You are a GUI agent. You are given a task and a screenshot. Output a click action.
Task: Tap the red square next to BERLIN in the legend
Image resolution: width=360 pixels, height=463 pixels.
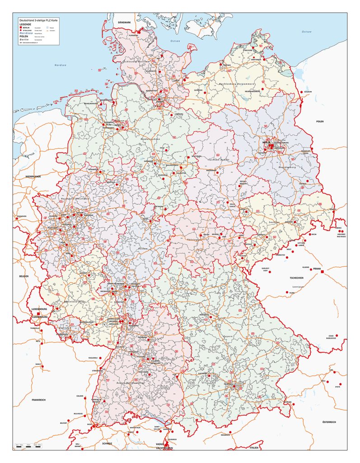[20, 28]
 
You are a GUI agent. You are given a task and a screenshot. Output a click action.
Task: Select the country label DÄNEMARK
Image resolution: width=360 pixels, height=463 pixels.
[124, 22]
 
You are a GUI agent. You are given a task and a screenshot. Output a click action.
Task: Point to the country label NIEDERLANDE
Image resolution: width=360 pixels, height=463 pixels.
[33, 176]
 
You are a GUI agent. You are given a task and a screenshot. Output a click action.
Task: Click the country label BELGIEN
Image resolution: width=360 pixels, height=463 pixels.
[23, 276]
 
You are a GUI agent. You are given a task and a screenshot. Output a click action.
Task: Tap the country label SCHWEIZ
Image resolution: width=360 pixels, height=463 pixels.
[106, 443]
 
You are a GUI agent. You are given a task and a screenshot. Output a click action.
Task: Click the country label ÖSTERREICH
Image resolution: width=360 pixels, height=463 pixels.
[328, 422]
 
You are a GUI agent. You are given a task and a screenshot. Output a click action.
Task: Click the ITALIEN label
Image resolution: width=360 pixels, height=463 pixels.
[254, 447]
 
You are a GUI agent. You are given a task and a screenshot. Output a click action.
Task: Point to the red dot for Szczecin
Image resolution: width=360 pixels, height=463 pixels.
[301, 92]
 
